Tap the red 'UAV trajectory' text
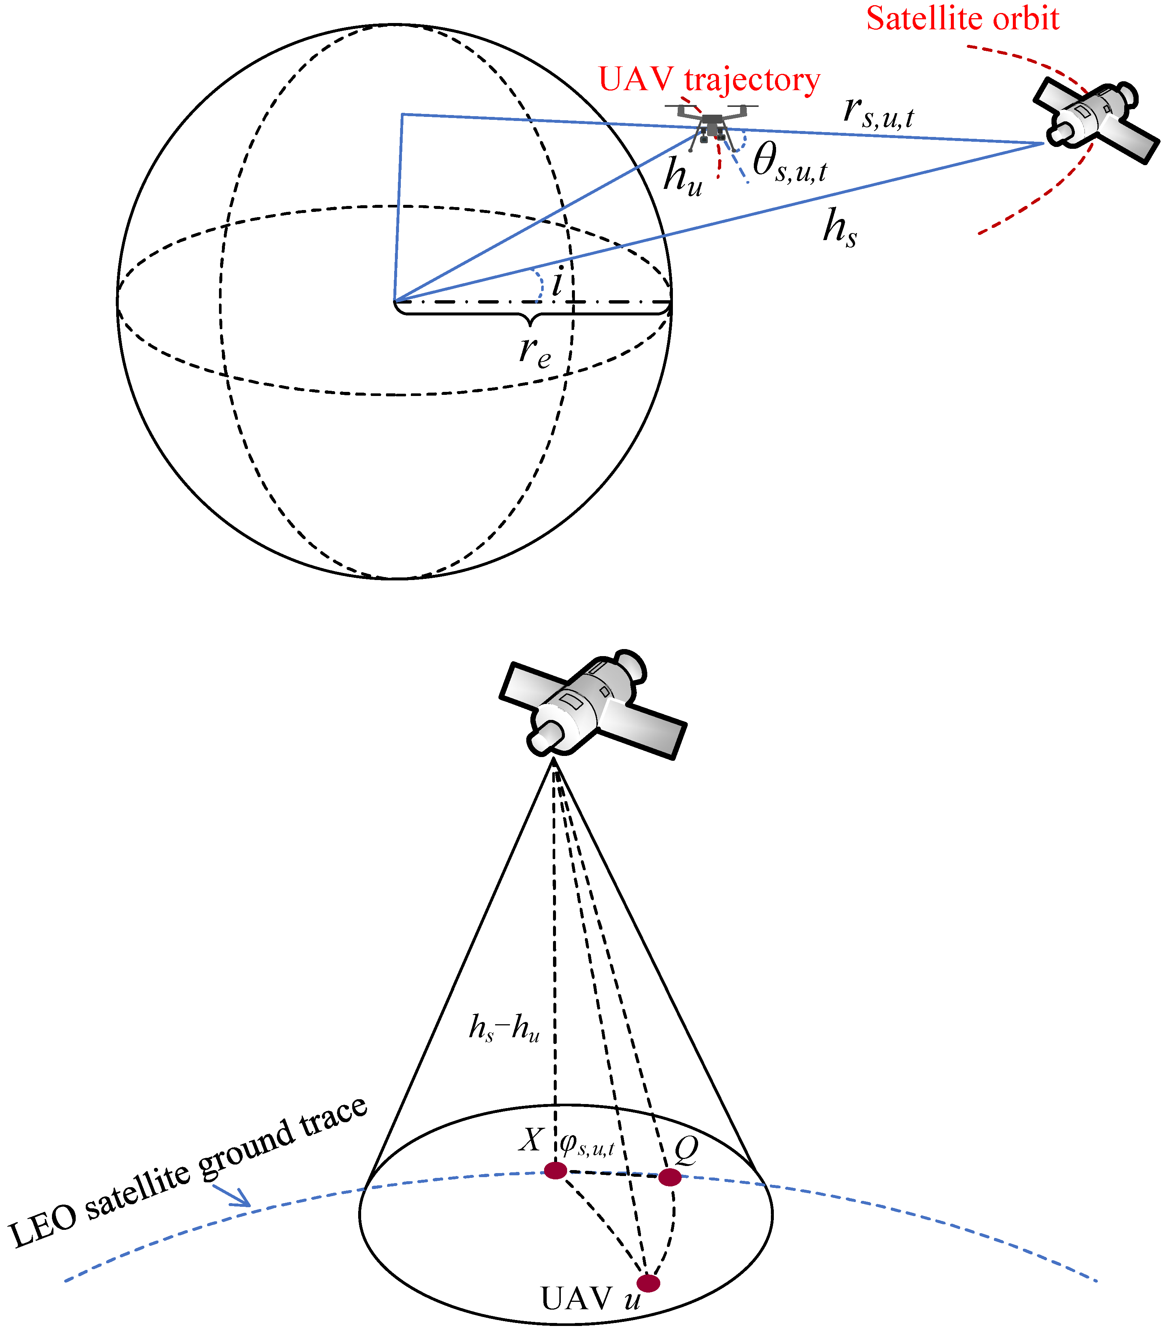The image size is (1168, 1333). coord(709,79)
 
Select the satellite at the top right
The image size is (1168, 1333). coord(1095,121)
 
